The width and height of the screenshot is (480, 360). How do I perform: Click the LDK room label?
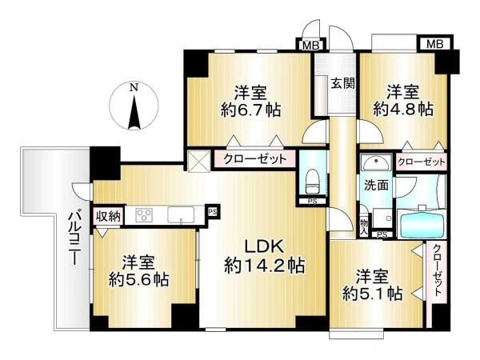click(264, 246)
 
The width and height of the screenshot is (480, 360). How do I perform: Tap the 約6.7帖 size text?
click(250, 110)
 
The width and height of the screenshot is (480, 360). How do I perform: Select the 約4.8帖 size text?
click(403, 109)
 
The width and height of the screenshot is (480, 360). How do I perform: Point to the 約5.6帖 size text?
click(138, 279)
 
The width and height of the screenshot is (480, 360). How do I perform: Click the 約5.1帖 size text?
click(372, 294)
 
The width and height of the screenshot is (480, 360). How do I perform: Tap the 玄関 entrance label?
click(343, 83)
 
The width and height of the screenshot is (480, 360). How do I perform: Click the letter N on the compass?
click(134, 87)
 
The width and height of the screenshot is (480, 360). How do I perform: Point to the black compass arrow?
click(134, 113)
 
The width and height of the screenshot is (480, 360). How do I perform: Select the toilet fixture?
click(312, 182)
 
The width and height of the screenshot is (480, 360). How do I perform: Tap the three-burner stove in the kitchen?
click(144, 214)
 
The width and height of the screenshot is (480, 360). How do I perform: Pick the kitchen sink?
click(181, 214)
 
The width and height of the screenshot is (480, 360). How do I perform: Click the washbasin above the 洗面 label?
click(376, 163)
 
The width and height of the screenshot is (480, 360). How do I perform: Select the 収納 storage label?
click(108, 217)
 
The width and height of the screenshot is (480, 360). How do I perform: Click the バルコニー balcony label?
click(74, 238)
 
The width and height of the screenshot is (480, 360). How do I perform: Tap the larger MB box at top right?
click(434, 44)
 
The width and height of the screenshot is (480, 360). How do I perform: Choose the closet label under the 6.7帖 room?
click(254, 159)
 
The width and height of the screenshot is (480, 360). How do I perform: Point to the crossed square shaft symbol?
click(199, 161)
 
